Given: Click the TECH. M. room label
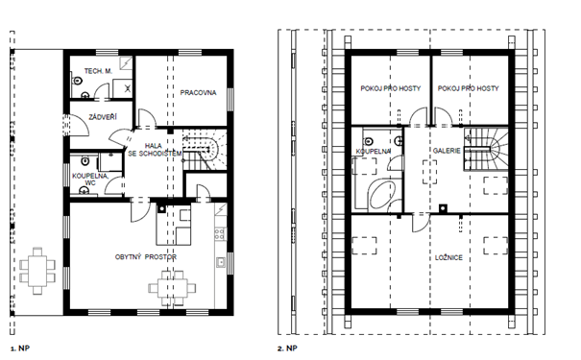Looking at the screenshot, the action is [98, 71].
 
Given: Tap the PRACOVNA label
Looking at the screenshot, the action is [198, 92].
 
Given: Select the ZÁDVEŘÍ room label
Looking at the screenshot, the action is [103, 117].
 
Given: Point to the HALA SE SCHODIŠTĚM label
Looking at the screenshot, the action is [155, 150].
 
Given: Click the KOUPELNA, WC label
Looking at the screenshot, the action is [90, 180].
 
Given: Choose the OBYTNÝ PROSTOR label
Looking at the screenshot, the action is [146, 256].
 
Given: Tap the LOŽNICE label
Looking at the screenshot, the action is [448, 258].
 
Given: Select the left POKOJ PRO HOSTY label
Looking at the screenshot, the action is [391, 88].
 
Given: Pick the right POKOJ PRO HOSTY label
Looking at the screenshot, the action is [469, 88].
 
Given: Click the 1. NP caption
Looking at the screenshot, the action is [20, 348].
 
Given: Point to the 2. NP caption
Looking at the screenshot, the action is [287, 348].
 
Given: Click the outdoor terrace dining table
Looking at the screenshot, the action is [37, 271].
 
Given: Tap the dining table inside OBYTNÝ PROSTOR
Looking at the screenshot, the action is [172, 288].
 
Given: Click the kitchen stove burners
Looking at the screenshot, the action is [220, 233].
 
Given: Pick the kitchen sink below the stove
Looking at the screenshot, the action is [221, 262].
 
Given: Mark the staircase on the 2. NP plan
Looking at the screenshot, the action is [485, 149].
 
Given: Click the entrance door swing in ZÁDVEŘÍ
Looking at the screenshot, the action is [79, 125].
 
